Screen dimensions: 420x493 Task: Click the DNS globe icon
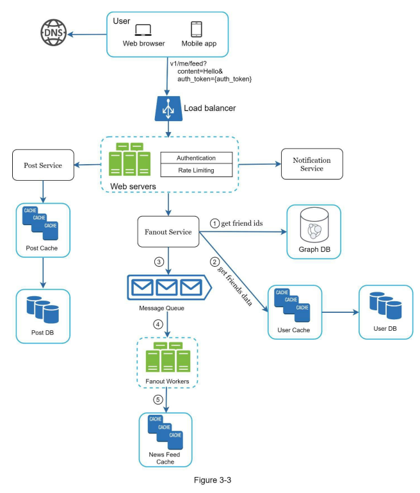54,33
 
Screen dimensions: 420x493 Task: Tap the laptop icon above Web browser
143,30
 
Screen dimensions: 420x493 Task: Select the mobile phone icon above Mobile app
197,29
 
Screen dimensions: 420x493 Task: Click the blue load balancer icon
168,108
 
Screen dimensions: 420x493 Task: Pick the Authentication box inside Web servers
197,158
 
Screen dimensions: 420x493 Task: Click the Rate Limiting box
197,171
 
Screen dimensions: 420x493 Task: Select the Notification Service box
312,164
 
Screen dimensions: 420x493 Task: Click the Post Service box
43,165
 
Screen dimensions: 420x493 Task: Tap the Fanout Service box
168,231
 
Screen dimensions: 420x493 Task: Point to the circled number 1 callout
214,224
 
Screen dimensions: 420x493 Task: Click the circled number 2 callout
214,262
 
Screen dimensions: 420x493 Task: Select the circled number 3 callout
159,262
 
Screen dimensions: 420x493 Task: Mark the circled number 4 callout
158,324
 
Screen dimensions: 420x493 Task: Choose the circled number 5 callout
158,399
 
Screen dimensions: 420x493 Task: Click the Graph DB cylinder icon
314,225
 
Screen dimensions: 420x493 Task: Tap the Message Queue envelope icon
169,287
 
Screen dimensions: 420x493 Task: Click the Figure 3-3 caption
213,480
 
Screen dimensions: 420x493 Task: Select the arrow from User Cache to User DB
340,312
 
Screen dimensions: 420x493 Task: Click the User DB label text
385,329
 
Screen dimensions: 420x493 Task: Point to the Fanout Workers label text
167,381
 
